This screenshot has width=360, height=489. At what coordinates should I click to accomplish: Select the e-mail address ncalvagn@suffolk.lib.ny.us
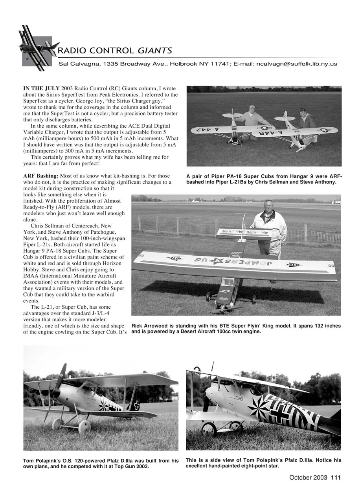point(296,64)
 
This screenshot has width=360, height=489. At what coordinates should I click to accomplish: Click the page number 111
point(336,478)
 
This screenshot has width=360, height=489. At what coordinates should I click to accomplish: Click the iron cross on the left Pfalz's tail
point(135,405)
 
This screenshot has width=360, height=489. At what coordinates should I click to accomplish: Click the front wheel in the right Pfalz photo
point(209,429)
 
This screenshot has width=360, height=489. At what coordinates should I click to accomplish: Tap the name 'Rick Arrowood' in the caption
point(152,326)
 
